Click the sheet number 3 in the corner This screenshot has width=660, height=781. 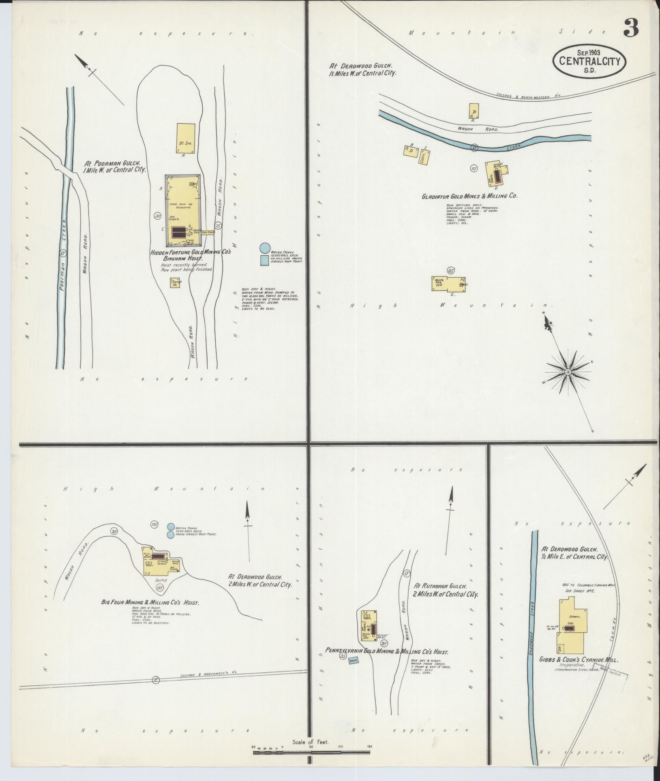click(x=631, y=28)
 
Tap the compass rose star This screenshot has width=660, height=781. click(x=568, y=371)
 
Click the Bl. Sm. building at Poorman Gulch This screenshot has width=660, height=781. click(x=186, y=138)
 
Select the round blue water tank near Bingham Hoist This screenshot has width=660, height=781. click(x=264, y=247)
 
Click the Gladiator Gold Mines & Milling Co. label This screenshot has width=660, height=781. click(x=469, y=196)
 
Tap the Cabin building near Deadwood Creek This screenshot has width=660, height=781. click(x=424, y=157)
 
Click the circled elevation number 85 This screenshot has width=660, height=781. click(x=450, y=270)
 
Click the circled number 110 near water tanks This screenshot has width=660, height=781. click(x=154, y=524)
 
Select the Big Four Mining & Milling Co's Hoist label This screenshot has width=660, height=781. click(x=150, y=603)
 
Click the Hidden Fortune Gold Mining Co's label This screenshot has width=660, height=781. click(x=191, y=252)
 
